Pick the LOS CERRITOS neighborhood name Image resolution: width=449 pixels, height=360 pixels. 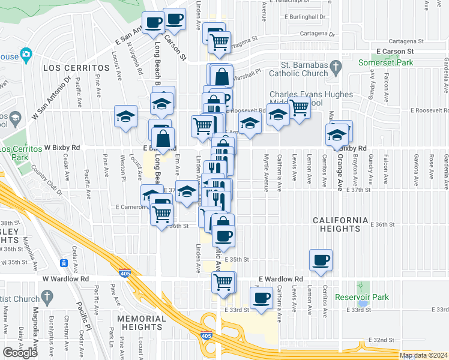click(x=76, y=68)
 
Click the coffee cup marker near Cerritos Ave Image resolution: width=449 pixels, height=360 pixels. click(x=321, y=260)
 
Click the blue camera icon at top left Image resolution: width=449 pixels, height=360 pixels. click(x=25, y=55)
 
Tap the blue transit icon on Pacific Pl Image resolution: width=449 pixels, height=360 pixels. click(x=64, y=263)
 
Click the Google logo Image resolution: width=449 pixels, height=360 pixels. click(x=20, y=352)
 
